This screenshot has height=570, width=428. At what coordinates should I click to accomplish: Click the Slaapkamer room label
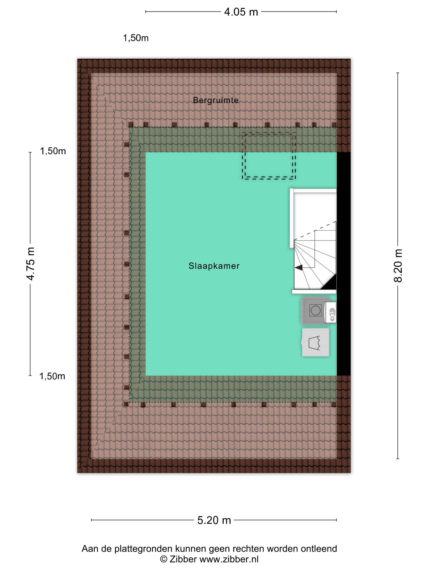click(x=214, y=266)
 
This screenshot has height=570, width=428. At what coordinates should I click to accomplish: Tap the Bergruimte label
click(x=216, y=100)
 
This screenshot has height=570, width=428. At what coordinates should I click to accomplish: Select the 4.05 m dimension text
click(x=241, y=12)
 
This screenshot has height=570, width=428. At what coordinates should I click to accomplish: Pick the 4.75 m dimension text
click(x=30, y=264)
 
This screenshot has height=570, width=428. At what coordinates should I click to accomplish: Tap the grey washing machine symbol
click(x=315, y=310)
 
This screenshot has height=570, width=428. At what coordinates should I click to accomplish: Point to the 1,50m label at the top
click(x=136, y=38)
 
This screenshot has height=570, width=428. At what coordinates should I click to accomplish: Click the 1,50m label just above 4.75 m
click(x=53, y=151)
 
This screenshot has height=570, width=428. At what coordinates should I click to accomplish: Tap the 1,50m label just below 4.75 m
click(x=52, y=376)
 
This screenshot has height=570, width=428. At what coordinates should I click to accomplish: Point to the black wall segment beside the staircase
click(x=344, y=264)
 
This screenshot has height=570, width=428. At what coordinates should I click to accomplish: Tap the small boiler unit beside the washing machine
click(x=330, y=312)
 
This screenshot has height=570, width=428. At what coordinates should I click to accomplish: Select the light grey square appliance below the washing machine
click(x=315, y=342)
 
